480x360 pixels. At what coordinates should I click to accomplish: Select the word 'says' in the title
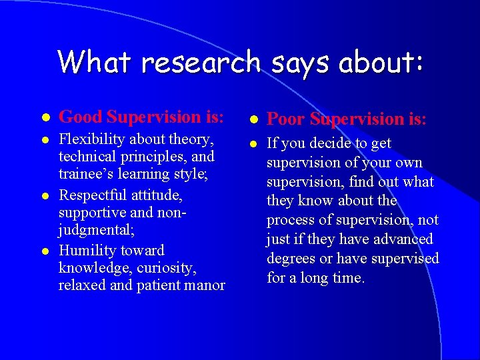pyautogui.click(x=302, y=62)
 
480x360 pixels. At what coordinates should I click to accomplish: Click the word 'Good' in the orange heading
pyautogui.click(x=80, y=117)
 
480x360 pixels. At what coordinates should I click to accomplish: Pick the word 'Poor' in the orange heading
pyautogui.click(x=286, y=119)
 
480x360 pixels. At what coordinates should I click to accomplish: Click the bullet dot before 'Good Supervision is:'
pyautogui.click(x=44, y=117)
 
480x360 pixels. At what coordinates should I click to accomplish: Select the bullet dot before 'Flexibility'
pyautogui.click(x=44, y=139)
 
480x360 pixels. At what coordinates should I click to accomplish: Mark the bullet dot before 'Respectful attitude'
pyautogui.click(x=44, y=195)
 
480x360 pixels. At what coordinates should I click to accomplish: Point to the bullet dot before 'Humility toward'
pyautogui.click(x=44, y=251)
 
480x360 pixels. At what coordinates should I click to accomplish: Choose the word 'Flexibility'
pyautogui.click(x=92, y=139)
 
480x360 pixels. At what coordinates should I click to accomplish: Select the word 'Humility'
pyautogui.click(x=86, y=251)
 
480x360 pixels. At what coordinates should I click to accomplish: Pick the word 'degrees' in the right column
pyautogui.click(x=291, y=258)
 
